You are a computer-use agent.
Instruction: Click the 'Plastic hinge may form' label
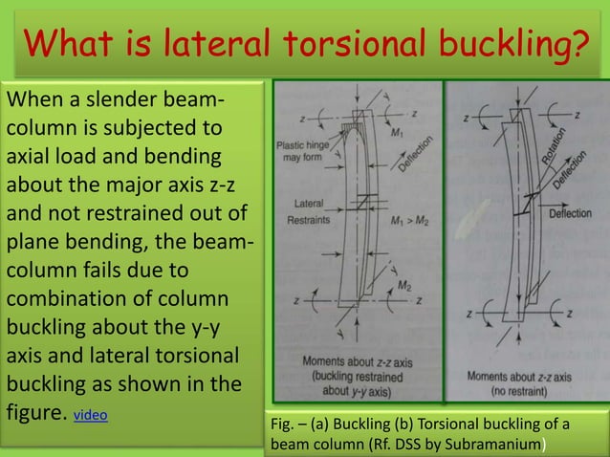tap(303, 151)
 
